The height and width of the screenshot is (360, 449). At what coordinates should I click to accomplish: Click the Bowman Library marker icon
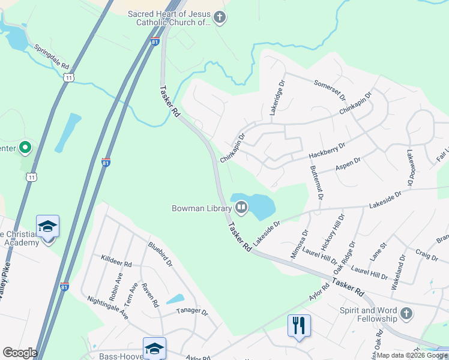[241, 208]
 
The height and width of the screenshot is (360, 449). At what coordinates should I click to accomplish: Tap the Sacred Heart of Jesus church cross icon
[220, 17]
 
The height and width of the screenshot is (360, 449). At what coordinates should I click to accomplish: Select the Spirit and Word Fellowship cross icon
[407, 314]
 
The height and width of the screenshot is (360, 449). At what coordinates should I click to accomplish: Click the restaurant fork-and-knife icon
[299, 326]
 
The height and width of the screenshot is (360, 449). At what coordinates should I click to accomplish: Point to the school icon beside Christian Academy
[47, 226]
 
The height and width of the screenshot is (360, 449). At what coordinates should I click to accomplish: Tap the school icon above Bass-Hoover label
[154, 349]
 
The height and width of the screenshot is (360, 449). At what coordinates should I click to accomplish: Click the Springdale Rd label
[51, 56]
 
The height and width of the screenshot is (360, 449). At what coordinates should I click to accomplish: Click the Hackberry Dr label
[327, 150]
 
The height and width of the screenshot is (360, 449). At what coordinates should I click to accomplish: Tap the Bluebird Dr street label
[160, 253]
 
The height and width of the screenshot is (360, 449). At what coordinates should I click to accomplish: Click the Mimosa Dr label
[299, 243]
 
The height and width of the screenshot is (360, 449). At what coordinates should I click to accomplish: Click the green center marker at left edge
[25, 146]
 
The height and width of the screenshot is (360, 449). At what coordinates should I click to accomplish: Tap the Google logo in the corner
[19, 353]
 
